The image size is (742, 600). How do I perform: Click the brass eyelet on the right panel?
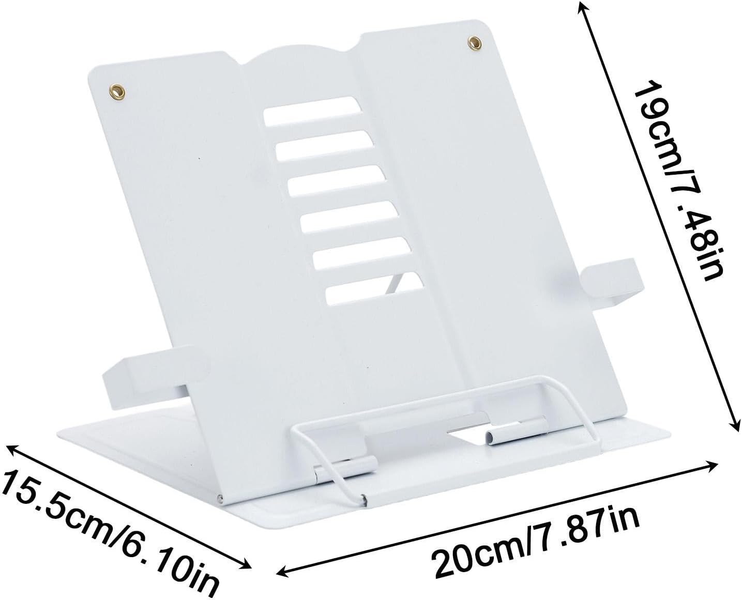coord(474,43)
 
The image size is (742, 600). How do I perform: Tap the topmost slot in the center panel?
coord(312,111)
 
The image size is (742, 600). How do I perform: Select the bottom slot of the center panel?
coord(375,289)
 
